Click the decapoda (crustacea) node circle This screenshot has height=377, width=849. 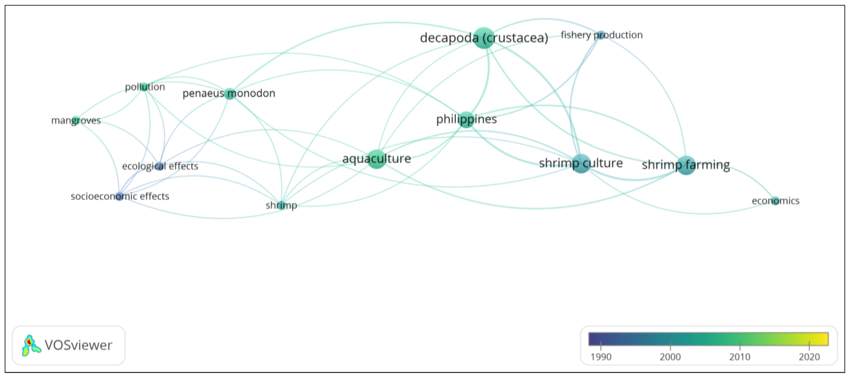pos(484,38)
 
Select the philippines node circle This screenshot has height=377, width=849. pos(466,119)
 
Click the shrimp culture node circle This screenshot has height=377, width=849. pos(581,163)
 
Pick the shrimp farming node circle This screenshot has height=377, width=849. pos(686,165)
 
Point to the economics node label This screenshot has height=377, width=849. pos(775,201)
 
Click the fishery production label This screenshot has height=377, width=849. pos(602,35)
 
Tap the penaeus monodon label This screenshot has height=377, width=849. pos(229,94)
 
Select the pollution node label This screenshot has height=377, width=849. pos(145,87)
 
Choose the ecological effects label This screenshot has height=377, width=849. pos(160,166)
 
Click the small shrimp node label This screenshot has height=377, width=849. pos(281,205)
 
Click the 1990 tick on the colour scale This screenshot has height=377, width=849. pos(601,357)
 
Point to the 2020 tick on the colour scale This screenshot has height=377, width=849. pos(809,357)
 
